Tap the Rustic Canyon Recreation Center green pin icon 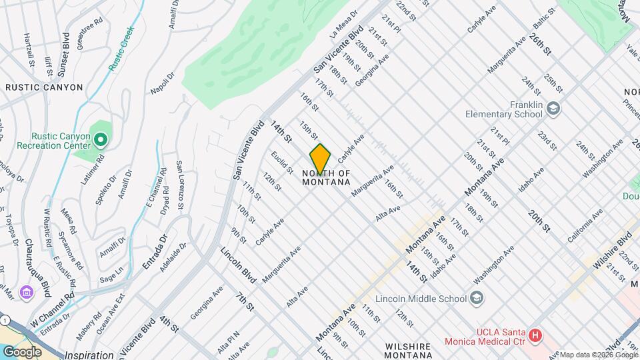point(101,140)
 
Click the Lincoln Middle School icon point(477,298)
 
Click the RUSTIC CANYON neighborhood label point(44,87)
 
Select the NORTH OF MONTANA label point(326,177)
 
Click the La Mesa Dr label point(345,23)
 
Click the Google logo point(22,351)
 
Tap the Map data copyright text point(598,355)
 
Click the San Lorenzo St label point(179,181)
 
